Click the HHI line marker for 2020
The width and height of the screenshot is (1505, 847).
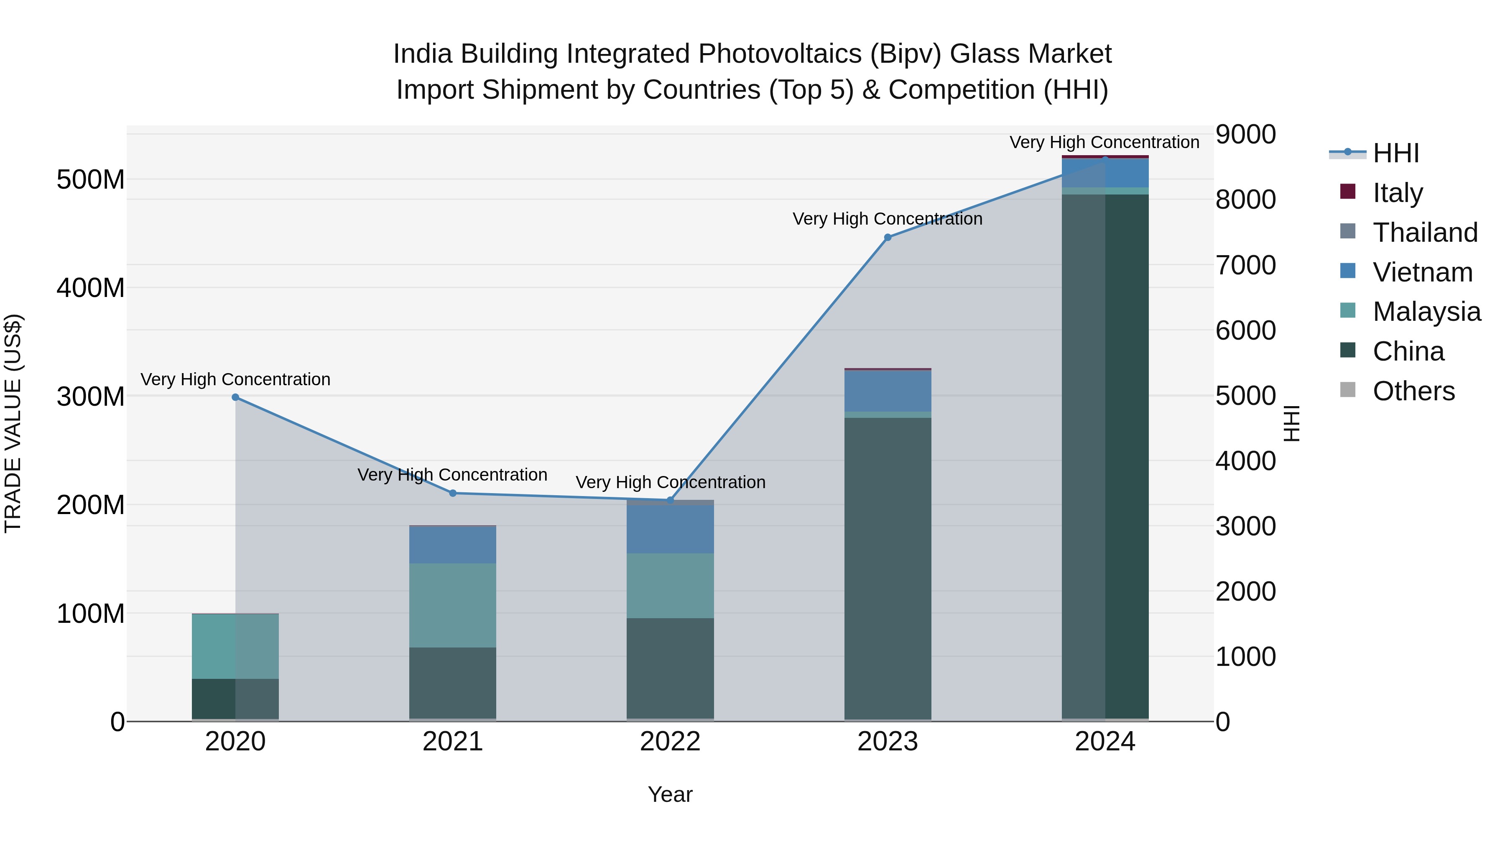point(235,397)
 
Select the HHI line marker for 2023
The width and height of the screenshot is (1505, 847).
point(888,237)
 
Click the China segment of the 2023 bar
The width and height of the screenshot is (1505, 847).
point(888,567)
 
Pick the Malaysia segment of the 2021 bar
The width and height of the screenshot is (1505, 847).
point(453,605)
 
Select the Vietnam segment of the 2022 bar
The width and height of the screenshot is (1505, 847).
point(670,529)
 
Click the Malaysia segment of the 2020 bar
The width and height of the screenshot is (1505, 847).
point(235,646)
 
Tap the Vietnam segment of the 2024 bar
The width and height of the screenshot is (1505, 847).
point(1105,173)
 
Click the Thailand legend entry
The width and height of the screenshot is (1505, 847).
point(1424,232)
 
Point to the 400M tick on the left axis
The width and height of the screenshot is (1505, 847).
point(91,288)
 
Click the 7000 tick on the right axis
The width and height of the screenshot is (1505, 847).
point(1246,265)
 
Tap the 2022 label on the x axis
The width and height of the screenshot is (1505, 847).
point(670,742)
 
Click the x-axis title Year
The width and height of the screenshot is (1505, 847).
point(670,794)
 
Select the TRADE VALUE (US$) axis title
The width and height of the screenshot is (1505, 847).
point(13,423)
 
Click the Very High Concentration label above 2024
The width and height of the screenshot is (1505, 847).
point(1104,142)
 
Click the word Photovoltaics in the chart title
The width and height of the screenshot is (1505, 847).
point(780,54)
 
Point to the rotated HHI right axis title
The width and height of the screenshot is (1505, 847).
point(1291,423)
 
